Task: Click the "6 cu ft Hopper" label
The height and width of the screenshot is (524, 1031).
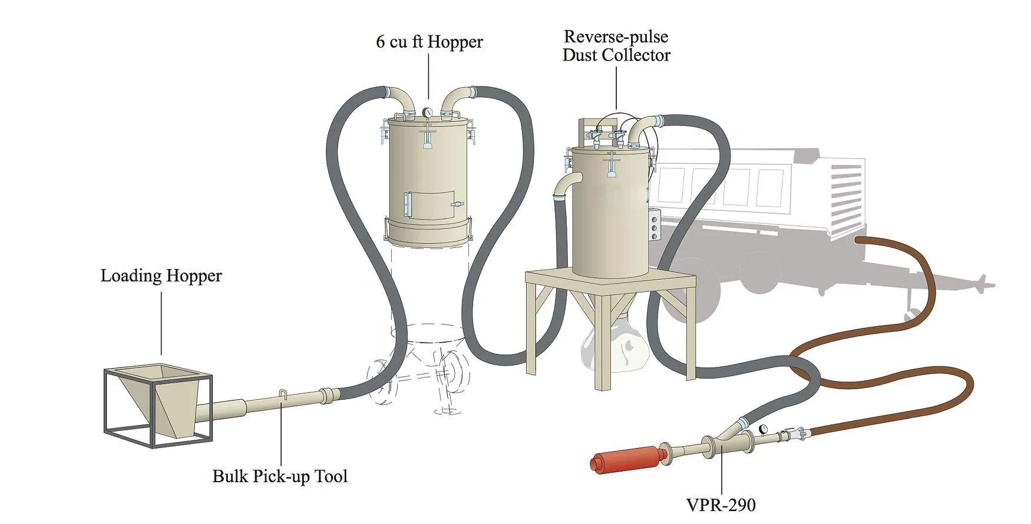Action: [429, 42]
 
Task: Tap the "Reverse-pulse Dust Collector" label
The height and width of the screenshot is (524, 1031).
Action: [616, 46]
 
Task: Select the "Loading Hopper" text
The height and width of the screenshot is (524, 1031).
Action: [161, 276]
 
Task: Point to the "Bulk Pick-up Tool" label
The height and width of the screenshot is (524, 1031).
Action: [280, 476]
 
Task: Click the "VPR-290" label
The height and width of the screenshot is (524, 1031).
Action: [721, 505]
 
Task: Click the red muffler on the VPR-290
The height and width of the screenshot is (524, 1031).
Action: [626, 459]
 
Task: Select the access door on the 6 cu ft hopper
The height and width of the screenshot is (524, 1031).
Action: [429, 205]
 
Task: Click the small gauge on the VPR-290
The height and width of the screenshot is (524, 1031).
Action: [764, 429]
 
